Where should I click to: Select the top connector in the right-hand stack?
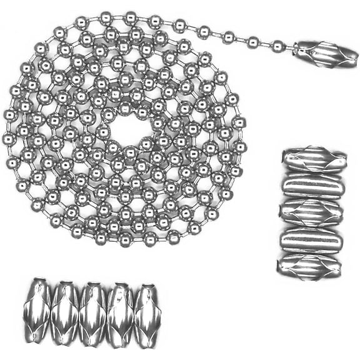pos(313,160)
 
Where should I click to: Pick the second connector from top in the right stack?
pos(313,186)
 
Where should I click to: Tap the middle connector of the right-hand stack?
pos(311,212)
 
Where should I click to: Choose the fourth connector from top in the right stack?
pos(311,240)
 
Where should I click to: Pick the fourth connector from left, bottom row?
pos(120,307)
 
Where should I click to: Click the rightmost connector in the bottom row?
pos(147,307)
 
